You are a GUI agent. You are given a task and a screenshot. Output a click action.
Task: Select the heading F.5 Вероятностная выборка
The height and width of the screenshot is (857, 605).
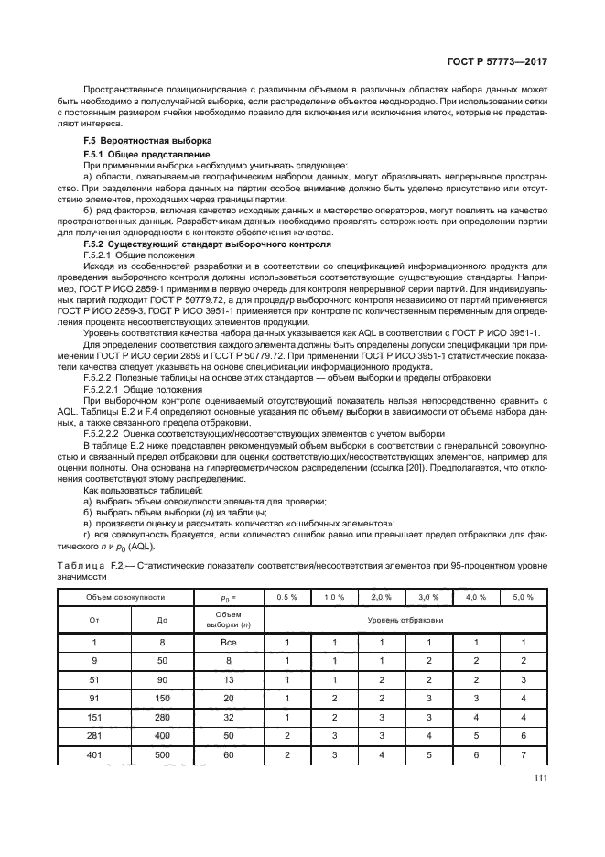pos(147,140)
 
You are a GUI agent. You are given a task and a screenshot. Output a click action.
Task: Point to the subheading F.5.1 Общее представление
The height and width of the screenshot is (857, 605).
pos(139,156)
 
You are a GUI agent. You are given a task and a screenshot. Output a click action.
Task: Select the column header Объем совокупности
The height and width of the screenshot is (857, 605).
pos(125,597)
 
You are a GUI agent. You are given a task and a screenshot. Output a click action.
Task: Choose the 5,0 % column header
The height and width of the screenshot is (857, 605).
pos(523,597)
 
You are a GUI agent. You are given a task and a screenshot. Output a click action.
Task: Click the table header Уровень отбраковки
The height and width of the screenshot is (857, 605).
pos(405,621)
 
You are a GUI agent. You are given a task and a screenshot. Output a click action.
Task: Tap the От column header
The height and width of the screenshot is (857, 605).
pos(92,621)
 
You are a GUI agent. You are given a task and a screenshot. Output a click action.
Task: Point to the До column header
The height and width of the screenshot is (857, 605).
pos(163,621)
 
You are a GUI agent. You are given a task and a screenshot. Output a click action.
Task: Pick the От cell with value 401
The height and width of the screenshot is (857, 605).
pos(92,755)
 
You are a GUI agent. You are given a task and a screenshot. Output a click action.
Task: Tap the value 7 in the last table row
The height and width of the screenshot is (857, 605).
pos(523,755)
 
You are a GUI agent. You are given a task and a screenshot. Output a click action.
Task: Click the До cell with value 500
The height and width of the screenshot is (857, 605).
pos(163,755)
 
